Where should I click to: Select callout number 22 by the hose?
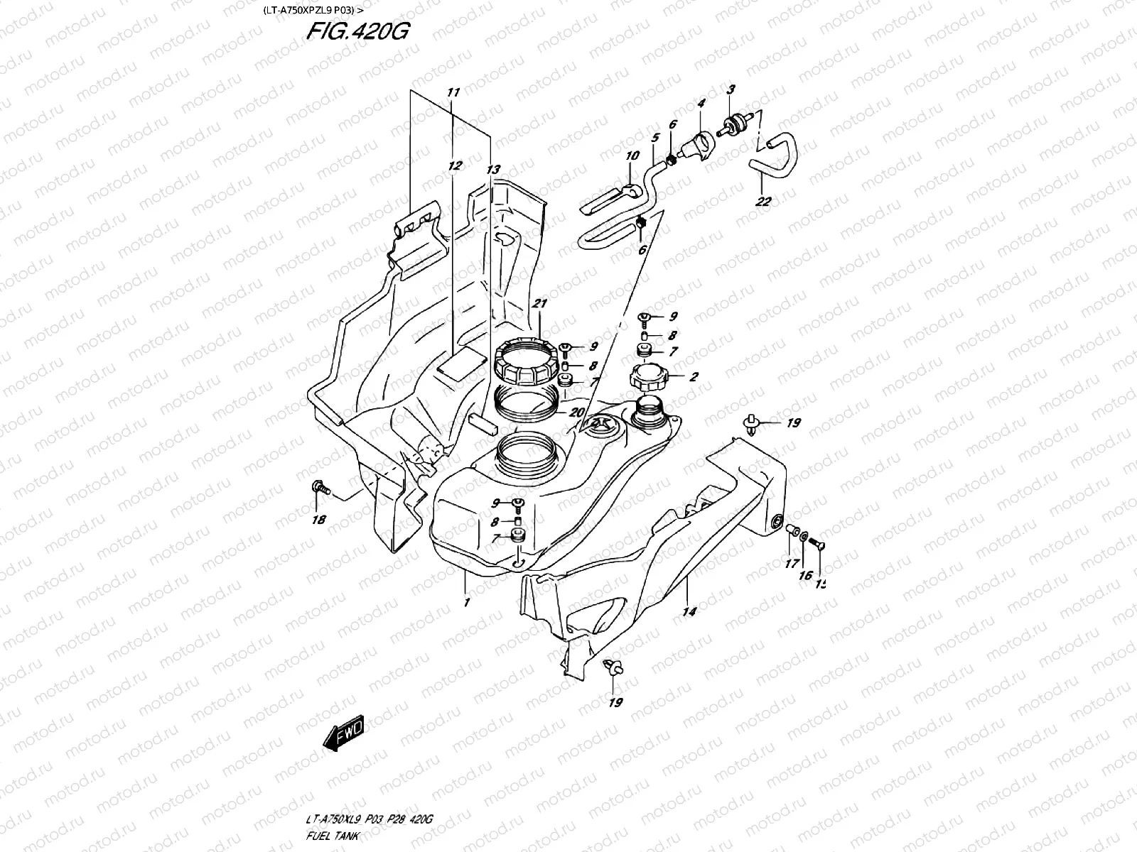(763, 202)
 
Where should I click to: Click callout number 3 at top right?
(731, 89)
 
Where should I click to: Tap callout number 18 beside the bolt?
(318, 520)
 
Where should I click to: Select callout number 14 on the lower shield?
(689, 611)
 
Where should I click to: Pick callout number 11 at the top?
(453, 92)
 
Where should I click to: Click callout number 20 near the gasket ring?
(576, 412)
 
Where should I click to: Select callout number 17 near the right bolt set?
(791, 565)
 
